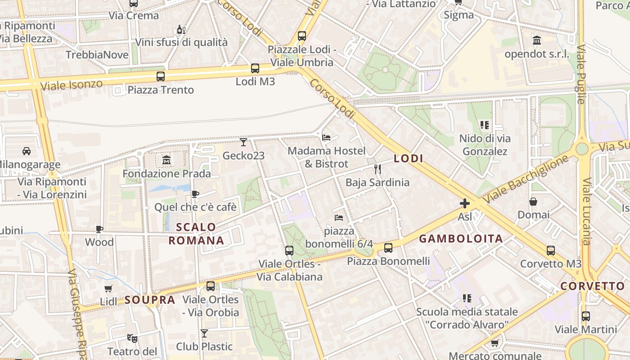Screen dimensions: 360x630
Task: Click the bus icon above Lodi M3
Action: click(x=255, y=68)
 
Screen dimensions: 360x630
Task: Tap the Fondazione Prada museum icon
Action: click(x=166, y=160)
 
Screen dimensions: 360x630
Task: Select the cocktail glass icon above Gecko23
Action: click(x=243, y=142)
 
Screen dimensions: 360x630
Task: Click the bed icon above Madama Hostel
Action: click(x=327, y=137)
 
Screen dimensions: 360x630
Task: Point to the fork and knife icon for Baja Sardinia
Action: click(x=378, y=169)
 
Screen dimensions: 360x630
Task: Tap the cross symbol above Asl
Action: click(x=465, y=203)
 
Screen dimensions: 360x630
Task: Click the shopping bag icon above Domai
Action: click(x=533, y=201)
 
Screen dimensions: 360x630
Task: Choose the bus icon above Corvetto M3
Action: click(x=551, y=251)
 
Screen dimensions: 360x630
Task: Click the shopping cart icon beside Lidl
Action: click(x=108, y=288)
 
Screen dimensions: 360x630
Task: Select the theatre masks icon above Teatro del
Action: click(x=132, y=337)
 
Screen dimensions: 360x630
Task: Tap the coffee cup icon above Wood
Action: click(x=99, y=229)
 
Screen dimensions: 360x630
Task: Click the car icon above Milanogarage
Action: click(x=27, y=151)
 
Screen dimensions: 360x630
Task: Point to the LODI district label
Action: click(x=409, y=158)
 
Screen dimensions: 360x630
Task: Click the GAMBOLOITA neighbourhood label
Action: click(x=461, y=239)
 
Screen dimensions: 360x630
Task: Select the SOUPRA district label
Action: click(x=149, y=300)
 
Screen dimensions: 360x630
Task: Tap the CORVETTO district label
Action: click(x=593, y=286)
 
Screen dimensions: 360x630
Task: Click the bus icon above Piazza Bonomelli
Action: click(x=388, y=247)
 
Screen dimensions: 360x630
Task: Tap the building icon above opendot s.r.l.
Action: click(x=537, y=40)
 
